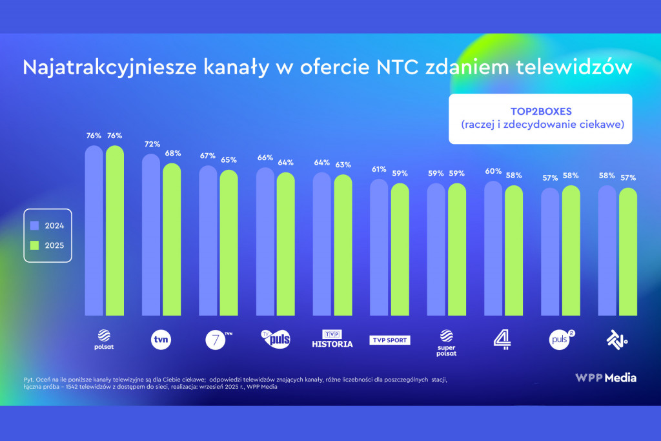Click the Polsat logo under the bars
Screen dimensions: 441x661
pos(104,340)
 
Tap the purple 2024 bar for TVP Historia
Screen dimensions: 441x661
pos(322,245)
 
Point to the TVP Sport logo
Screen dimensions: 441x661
pos(390,340)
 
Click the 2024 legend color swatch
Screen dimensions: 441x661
pos(35,225)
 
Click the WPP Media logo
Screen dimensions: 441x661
pos(605,377)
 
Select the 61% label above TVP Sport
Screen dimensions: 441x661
pos(379,169)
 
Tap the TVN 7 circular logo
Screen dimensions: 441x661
pos(218,339)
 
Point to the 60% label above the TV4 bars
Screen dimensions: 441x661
pos(493,171)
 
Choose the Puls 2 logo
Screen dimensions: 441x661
pos(561,338)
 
